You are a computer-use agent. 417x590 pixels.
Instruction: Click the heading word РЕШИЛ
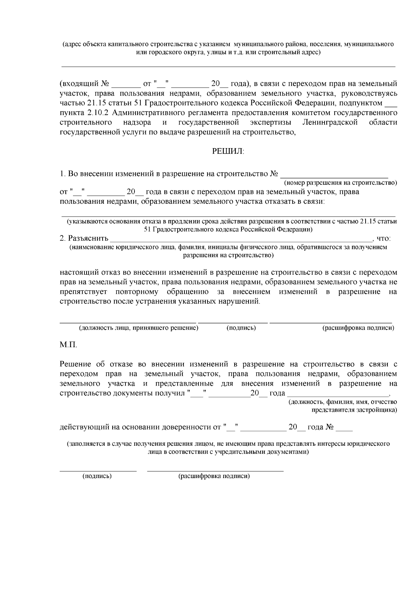[228, 152]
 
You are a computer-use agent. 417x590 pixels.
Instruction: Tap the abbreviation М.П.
[68, 345]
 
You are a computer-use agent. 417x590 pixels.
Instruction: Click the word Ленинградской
[330, 122]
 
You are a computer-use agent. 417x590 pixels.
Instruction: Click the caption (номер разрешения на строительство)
[340, 183]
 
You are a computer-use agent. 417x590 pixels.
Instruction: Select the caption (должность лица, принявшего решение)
[139, 328]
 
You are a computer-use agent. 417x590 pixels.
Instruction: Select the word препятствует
[83, 292]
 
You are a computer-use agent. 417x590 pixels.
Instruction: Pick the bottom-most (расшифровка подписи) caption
[214, 476]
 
